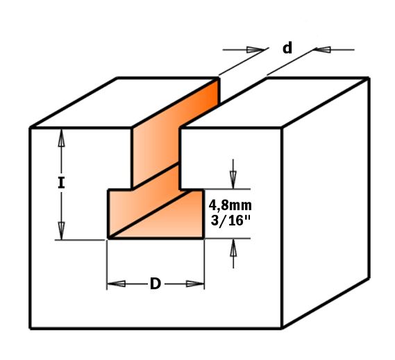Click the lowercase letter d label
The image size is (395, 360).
tap(287, 48)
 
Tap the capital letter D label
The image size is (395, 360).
tap(156, 284)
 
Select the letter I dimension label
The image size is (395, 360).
tap(61, 182)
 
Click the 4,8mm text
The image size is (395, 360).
tap(230, 205)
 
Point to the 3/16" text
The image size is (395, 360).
tap(230, 221)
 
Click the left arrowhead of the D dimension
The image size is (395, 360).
tap(117, 284)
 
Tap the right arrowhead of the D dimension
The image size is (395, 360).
tap(195, 284)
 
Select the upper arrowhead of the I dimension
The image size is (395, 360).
tap(61, 138)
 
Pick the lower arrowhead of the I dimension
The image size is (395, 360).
tap(61, 230)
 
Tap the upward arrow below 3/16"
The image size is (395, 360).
tap(233, 253)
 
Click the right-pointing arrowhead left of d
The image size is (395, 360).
tap(255, 49)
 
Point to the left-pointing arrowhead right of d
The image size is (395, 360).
tap(322, 49)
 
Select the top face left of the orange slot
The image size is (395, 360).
tap(125, 102)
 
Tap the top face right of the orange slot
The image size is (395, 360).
tap(275, 103)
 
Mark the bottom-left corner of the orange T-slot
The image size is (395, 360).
tap(108, 238)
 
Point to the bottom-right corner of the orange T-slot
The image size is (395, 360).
tap(203, 238)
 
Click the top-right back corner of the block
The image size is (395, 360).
tap(369, 78)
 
